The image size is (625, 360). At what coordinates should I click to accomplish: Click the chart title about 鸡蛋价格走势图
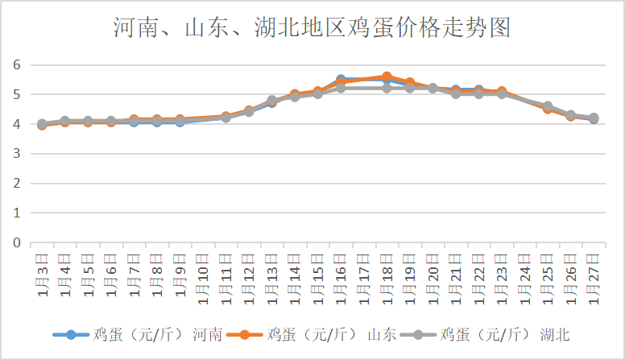[x=312, y=28]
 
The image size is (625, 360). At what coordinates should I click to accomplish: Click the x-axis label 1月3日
[x=42, y=275]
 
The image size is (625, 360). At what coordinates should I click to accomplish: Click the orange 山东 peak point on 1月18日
[x=387, y=77]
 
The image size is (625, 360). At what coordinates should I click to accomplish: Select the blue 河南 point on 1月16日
[x=341, y=81]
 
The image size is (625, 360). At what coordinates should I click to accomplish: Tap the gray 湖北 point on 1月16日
[x=341, y=88]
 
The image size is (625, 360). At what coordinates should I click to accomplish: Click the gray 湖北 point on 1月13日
[x=272, y=101]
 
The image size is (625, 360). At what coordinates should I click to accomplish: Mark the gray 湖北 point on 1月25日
[x=548, y=106]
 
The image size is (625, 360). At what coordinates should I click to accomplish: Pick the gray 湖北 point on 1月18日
[x=387, y=88]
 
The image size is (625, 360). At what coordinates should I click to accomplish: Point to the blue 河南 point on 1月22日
[x=478, y=90]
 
